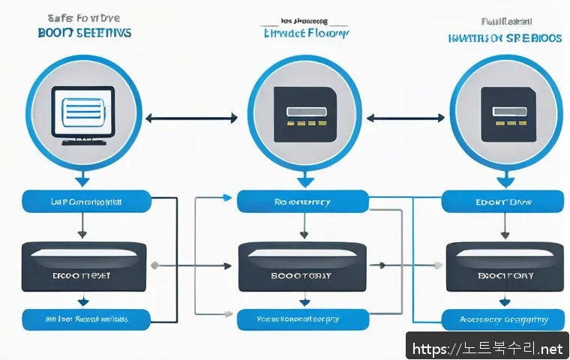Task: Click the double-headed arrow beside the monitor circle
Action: [x=190, y=118]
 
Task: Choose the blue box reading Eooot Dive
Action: [x=502, y=201]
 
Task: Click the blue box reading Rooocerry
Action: [x=303, y=201]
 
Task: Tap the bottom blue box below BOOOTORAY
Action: [x=303, y=319]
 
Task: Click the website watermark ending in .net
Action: [x=488, y=349]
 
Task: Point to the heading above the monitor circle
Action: [x=84, y=27]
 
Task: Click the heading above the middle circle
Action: [x=306, y=28]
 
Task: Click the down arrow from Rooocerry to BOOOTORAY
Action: [x=303, y=226]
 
